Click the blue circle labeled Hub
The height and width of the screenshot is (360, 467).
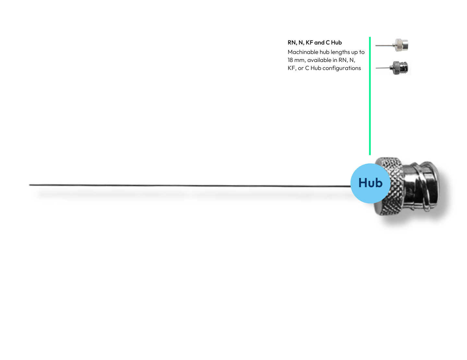pyautogui.click(x=370, y=183)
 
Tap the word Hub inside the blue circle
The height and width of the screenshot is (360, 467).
pyautogui.click(x=370, y=183)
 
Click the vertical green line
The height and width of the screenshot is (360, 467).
pyautogui.click(x=370, y=96)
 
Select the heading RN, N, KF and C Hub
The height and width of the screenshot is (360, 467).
pyautogui.click(x=315, y=42)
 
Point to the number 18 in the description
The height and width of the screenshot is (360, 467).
pyautogui.click(x=290, y=60)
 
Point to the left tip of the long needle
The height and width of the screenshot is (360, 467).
pyautogui.click(x=30, y=185)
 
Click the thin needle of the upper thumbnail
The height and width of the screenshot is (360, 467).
pyautogui.click(x=384, y=45)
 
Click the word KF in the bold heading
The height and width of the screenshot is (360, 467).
pyautogui.click(x=309, y=42)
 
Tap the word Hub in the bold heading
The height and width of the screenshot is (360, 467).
pyautogui.click(x=336, y=42)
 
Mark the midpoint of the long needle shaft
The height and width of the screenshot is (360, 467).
pyautogui.click(x=190, y=186)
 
